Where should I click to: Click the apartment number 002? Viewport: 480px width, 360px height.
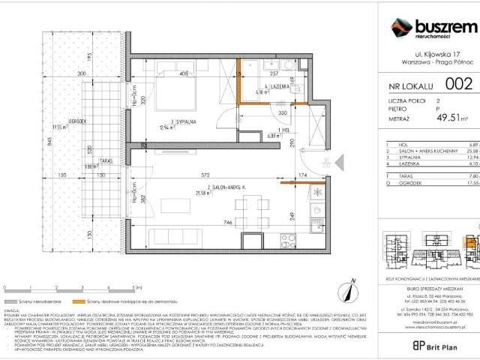tap(458, 83)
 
